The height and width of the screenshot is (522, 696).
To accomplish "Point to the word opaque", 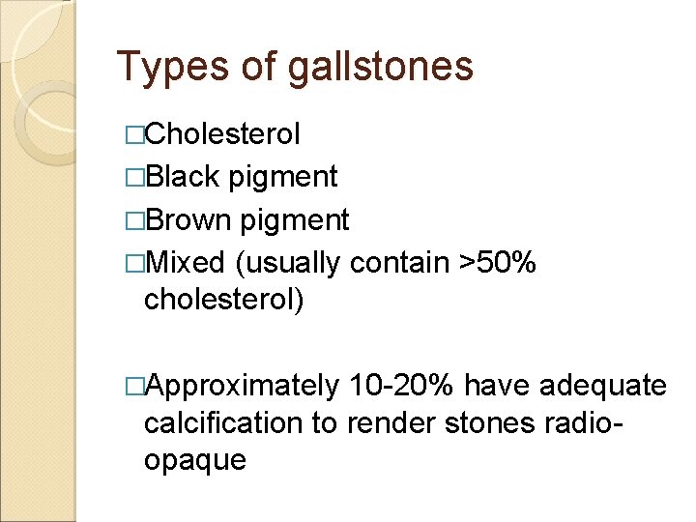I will pyautogui.click(x=194, y=460).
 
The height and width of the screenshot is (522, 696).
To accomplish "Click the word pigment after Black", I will pyautogui.click(x=282, y=177).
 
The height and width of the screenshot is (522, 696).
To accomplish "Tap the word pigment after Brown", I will pyautogui.click(x=294, y=220).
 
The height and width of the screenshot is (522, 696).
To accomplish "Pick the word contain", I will pyautogui.click(x=397, y=262).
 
